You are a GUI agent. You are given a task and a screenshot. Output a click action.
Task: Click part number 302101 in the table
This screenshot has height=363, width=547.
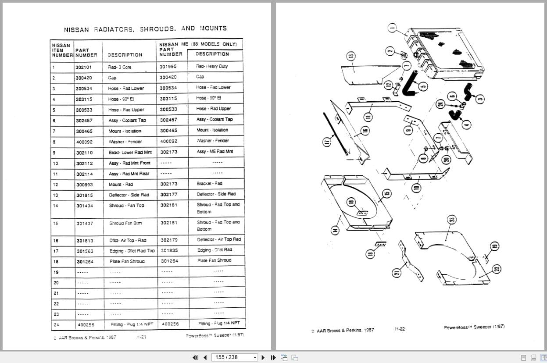84,68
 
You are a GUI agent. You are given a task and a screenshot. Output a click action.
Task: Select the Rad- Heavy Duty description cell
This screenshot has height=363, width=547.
211,66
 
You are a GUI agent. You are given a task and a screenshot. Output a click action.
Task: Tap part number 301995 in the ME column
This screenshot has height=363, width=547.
168,67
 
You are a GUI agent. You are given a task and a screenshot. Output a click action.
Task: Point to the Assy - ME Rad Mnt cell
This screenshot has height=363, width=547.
215,151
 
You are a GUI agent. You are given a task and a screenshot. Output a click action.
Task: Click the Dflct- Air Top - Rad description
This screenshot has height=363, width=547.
128,240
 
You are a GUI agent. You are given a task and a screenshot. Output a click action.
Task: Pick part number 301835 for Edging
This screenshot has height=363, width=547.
169,250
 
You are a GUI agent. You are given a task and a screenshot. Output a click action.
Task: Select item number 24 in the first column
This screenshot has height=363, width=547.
56,325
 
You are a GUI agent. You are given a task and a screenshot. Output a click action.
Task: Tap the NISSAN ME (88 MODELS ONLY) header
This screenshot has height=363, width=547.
198,44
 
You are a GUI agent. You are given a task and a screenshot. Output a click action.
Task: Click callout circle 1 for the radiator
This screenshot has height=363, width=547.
392,29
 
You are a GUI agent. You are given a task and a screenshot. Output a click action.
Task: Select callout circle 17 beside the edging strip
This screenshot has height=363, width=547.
326,142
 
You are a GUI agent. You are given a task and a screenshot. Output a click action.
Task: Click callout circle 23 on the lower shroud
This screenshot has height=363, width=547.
452,220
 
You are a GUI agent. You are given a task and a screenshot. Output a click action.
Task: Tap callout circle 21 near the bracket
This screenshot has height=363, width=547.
396,273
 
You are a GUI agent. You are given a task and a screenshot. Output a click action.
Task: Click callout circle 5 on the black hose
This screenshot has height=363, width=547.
423,86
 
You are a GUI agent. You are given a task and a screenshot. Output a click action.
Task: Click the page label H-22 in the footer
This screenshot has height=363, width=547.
399,329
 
